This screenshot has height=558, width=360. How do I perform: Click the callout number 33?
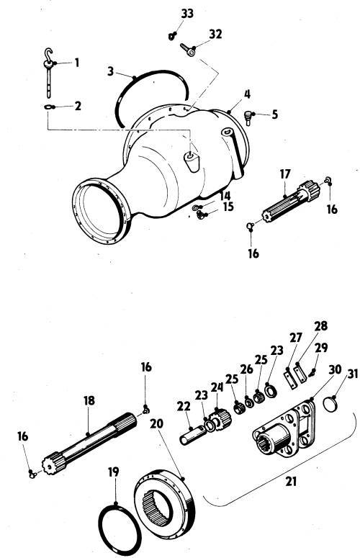(x=187, y=14)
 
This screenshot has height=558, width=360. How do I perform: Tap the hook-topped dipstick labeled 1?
(x=48, y=72)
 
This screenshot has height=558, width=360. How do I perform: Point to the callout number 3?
(x=111, y=71)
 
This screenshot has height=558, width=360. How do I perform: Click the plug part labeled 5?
(x=248, y=117)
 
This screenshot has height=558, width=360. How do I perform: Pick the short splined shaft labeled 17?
(x=291, y=201)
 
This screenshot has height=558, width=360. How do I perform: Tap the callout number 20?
(x=156, y=424)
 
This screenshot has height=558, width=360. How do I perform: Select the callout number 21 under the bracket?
(x=291, y=482)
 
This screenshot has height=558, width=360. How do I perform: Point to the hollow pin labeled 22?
(x=192, y=436)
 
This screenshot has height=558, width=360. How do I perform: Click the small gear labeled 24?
(x=220, y=419)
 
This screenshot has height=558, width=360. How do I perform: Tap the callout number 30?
(x=335, y=370)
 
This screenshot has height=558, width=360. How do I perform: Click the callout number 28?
(x=320, y=326)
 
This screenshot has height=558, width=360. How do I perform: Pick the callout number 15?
(x=228, y=207)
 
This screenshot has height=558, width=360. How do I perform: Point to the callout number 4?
(x=247, y=94)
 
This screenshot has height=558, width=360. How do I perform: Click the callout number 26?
(x=246, y=369)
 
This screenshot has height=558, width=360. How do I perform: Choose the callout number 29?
(x=321, y=348)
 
